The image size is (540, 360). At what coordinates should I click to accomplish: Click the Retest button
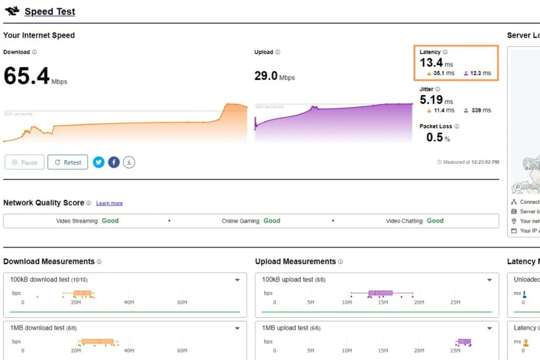point(67,162)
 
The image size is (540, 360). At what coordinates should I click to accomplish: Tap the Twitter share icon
point(99,162)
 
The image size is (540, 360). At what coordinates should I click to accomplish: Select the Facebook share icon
point(114,162)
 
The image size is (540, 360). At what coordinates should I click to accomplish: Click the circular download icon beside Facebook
point(129,162)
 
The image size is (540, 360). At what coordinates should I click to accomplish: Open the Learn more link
point(109,203)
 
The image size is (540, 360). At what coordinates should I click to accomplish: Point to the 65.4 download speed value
point(26,76)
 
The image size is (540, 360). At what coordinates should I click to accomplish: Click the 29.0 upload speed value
point(266,76)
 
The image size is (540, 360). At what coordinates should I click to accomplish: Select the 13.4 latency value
point(431,63)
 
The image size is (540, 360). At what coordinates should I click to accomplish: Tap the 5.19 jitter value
point(431,100)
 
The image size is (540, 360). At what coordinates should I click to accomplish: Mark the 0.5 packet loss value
point(435,137)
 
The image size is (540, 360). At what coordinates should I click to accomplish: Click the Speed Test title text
point(50,12)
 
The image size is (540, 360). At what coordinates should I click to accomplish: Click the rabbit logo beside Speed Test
point(12,11)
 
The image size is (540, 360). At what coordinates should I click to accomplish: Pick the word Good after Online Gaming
point(272,221)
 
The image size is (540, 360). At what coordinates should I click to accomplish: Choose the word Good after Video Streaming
point(110,221)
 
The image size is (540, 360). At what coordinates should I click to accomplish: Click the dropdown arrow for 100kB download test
point(237,280)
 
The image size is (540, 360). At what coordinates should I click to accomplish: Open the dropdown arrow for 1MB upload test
point(489,328)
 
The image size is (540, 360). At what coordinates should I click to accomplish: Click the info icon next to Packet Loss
point(457,127)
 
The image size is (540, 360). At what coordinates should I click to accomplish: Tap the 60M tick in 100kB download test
point(182,303)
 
